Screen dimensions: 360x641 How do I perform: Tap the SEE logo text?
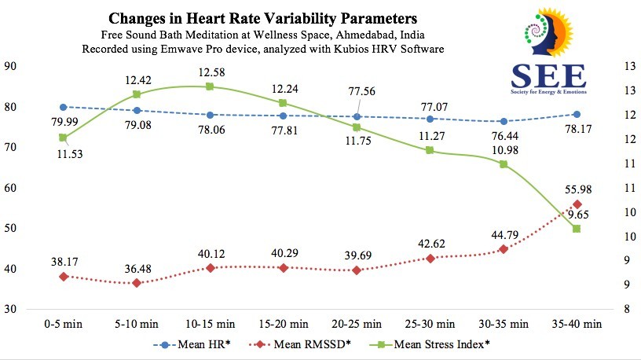coord(548,75)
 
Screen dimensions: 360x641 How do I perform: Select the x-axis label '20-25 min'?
coord(357,323)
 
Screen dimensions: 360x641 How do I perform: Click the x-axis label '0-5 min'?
coord(63,323)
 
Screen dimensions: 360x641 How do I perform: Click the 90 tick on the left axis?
coord(13,66)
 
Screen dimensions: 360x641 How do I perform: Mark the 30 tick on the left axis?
coord(13,309)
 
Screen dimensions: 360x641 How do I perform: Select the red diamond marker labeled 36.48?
coord(137,283)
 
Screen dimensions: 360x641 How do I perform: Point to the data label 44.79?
coord(503,233)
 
